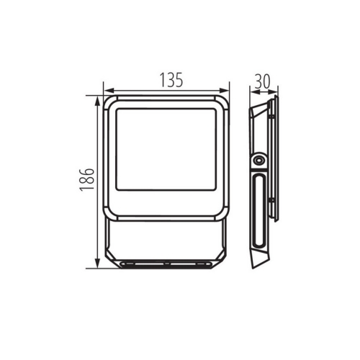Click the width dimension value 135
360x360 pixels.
coord(167,81)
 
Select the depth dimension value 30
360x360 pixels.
coord(262,81)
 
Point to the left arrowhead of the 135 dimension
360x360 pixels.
coord(107,91)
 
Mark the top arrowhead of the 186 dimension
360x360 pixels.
coord(96,99)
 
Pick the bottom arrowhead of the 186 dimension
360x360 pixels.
coord(96,264)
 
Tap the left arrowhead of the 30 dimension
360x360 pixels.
coord(251,91)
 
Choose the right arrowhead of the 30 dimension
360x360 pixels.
coord(276,91)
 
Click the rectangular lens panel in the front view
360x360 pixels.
coord(166,153)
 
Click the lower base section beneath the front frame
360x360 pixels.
coord(166,241)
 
